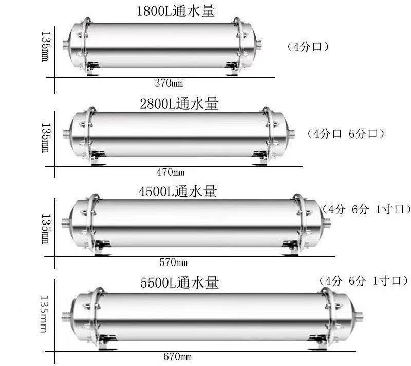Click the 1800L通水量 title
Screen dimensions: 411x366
click(x=176, y=11)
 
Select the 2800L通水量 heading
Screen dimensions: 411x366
click(x=179, y=104)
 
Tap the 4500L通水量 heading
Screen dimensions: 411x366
click(x=177, y=191)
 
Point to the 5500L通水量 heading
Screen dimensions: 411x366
click(x=179, y=282)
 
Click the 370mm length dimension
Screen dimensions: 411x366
click(x=169, y=83)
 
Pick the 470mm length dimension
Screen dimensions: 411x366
click(x=171, y=172)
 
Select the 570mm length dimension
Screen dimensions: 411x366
click(x=174, y=262)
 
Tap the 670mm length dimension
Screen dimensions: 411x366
click(x=177, y=357)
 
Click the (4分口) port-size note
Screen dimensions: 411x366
click(x=308, y=47)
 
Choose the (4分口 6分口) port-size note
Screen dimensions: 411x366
click(x=346, y=134)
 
